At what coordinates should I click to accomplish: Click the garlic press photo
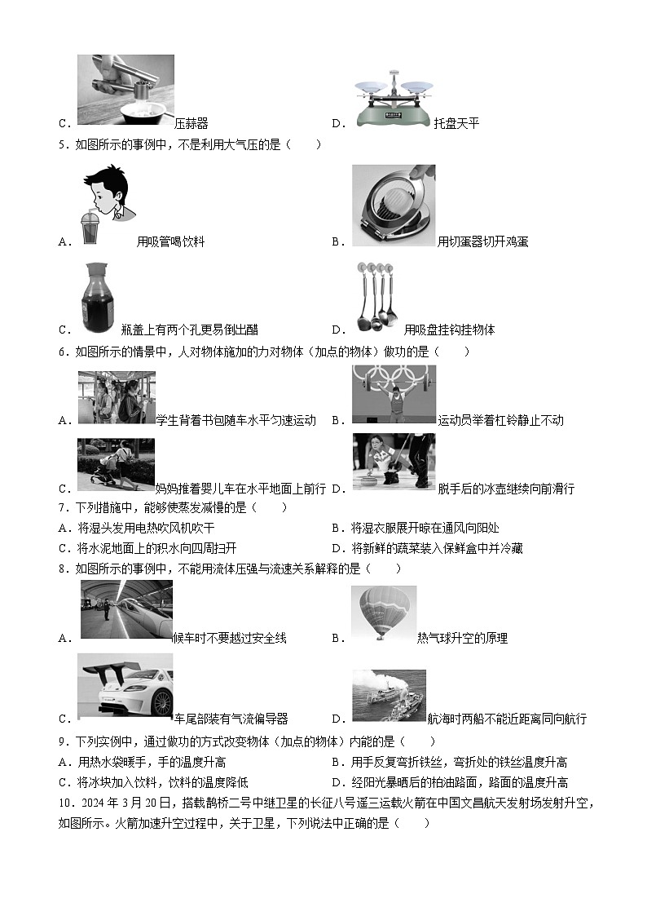125,89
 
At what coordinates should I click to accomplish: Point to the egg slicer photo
394,205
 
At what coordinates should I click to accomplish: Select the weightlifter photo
394,394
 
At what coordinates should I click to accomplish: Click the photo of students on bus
117,397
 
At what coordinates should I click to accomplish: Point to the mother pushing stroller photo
116,465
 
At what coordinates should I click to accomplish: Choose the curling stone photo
394,462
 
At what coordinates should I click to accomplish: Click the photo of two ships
389,695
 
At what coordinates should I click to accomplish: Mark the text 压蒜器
191,123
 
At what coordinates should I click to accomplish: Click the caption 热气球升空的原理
462,638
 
